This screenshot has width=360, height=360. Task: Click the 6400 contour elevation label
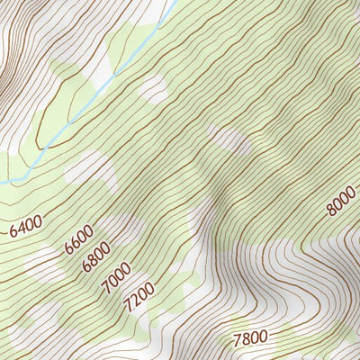[x=26, y=226]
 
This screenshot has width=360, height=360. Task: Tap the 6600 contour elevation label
[x=80, y=241]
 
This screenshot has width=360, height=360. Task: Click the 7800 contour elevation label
[x=249, y=339]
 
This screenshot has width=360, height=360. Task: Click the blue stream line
[x=90, y=99]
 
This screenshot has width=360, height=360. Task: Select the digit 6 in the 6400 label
[x=14, y=230]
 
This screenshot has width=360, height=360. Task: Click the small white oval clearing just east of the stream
[x=154, y=87]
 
